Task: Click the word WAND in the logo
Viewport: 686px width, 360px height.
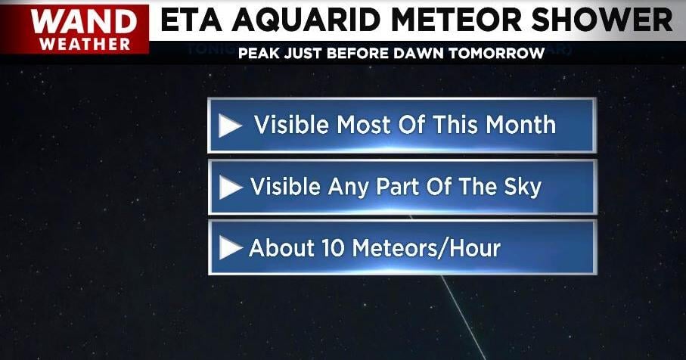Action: pyautogui.click(x=83, y=21)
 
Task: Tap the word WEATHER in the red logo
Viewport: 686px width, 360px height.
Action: pyautogui.click(x=85, y=44)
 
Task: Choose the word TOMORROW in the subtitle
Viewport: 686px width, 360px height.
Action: pyautogui.click(x=496, y=54)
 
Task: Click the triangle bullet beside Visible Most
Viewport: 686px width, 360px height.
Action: pyautogui.click(x=230, y=126)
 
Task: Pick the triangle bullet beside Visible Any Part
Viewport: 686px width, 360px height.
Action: pyautogui.click(x=230, y=188)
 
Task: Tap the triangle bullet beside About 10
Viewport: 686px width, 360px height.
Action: pyautogui.click(x=230, y=248)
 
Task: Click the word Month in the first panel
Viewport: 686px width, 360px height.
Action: pyautogui.click(x=520, y=125)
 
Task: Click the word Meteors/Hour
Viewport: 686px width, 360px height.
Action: pyautogui.click(x=426, y=248)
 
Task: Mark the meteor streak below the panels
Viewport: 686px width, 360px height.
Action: pyautogui.click(x=463, y=317)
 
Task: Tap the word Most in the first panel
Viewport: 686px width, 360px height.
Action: pyautogui.click(x=364, y=125)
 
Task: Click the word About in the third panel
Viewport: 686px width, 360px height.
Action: pyautogui.click(x=282, y=248)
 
